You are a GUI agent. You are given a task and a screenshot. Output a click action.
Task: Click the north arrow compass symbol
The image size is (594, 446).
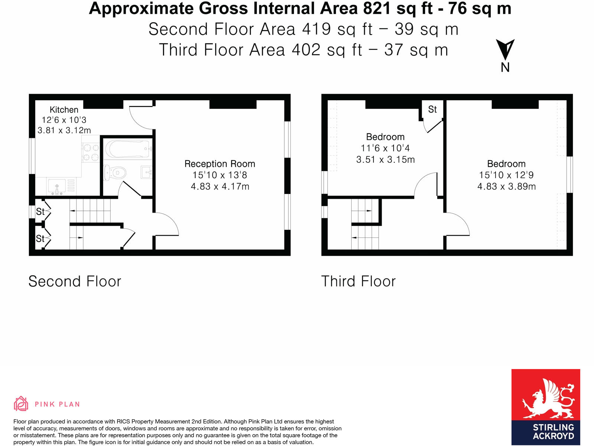coord(505,50)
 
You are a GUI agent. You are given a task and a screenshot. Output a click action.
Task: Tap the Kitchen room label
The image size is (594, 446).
coord(64,110)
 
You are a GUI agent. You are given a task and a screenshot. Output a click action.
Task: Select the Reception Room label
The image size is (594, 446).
coord(220,164)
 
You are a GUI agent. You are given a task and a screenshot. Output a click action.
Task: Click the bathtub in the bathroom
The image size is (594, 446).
coord(127,149)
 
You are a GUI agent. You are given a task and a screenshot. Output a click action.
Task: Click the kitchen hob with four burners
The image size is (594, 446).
coord(91,152)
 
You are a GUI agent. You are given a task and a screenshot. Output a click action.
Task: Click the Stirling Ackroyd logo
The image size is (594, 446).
coord(545,407)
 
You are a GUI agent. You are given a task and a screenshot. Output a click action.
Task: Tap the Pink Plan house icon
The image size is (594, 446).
coord(21,404)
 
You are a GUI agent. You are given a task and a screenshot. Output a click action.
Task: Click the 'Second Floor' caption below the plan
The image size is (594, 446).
coord(75,281)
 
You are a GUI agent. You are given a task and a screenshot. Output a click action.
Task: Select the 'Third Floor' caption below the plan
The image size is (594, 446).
coord(358,281)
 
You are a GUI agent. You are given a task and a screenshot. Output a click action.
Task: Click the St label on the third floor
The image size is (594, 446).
coord(432,109)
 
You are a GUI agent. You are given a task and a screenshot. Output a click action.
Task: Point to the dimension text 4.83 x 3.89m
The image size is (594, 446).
coord(506,187)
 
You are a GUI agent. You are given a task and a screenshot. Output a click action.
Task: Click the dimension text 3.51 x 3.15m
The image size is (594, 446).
coord(385,160)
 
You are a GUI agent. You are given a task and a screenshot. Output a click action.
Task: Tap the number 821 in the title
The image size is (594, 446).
coord(376,8)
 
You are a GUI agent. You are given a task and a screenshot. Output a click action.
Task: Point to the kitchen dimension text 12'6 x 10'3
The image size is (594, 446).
coord(64,120)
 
